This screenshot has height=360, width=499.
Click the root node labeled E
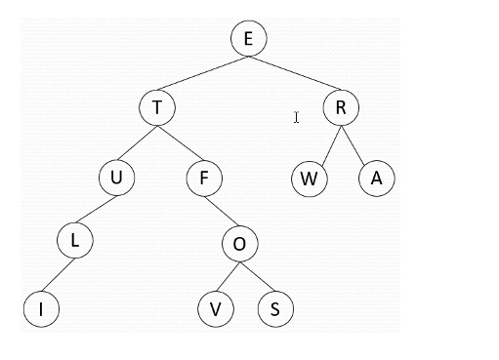pyautogui.click(x=248, y=39)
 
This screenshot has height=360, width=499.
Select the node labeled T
pyautogui.click(x=156, y=107)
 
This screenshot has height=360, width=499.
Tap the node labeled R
pyautogui.click(x=341, y=107)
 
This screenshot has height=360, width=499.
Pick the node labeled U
pyautogui.click(x=116, y=179)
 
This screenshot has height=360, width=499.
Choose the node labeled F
pyautogui.click(x=204, y=179)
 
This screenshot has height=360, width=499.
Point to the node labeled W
pyautogui.click(x=310, y=179)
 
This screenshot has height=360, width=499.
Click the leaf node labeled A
pyautogui.click(x=376, y=179)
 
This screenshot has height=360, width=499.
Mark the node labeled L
pyautogui.click(x=74, y=242)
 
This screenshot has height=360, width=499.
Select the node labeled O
pyautogui.click(x=238, y=243)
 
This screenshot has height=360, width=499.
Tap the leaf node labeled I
pyautogui.click(x=42, y=309)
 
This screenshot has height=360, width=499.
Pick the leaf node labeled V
pyautogui.click(x=215, y=309)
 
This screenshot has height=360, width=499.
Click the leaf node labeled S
pyautogui.click(x=275, y=309)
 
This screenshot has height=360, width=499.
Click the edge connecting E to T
pyautogui.click(x=202, y=73)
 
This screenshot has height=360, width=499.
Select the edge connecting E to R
pyautogui.click(x=294, y=73)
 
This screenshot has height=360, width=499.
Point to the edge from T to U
pyautogui.click(x=137, y=142)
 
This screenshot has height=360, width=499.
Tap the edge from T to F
pyautogui.click(x=181, y=142)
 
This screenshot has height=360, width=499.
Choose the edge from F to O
pyautogui.click(x=222, y=211)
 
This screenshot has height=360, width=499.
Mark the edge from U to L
pyautogui.click(x=96, y=210)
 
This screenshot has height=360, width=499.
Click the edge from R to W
pyautogui.click(x=325, y=142)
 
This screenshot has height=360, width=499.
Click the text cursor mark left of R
pyautogui.click(x=296, y=118)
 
